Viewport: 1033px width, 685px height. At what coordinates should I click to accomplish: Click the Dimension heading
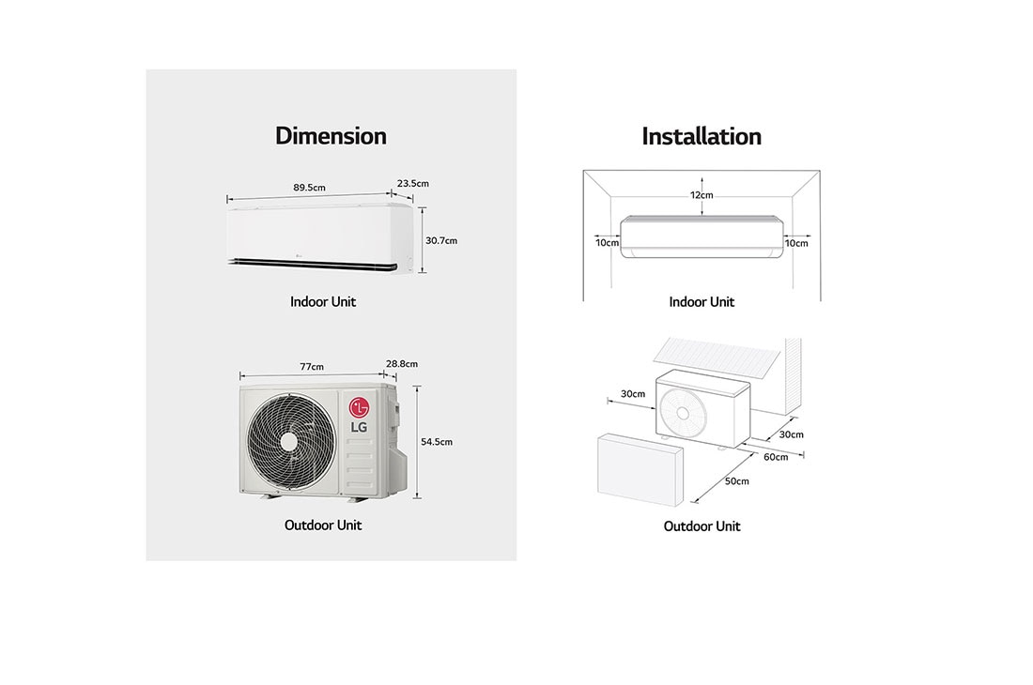(331, 136)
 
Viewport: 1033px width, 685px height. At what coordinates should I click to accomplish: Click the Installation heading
(702, 136)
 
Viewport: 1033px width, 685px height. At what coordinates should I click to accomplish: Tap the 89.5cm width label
(309, 188)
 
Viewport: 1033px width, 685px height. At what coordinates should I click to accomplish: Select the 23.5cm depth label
(413, 184)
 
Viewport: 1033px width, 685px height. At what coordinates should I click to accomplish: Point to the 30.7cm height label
(441, 240)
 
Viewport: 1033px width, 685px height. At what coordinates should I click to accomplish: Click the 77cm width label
(312, 366)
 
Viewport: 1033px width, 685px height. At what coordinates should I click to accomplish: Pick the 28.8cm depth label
(402, 363)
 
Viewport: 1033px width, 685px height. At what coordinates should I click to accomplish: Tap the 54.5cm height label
(438, 441)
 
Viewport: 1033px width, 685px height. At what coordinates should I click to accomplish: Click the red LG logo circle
(359, 407)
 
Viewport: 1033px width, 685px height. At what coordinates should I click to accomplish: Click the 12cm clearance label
(702, 195)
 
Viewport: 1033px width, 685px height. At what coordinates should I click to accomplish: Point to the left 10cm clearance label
(608, 243)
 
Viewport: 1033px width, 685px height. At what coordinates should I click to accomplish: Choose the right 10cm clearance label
(796, 243)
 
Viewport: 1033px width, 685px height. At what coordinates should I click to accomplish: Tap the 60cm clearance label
(776, 457)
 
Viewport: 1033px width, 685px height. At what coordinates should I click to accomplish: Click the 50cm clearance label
(737, 481)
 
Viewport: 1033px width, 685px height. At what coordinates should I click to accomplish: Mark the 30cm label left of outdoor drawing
(633, 394)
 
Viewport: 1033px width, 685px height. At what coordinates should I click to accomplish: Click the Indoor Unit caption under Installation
(702, 302)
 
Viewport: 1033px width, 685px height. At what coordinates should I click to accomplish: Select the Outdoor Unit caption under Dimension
(323, 525)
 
